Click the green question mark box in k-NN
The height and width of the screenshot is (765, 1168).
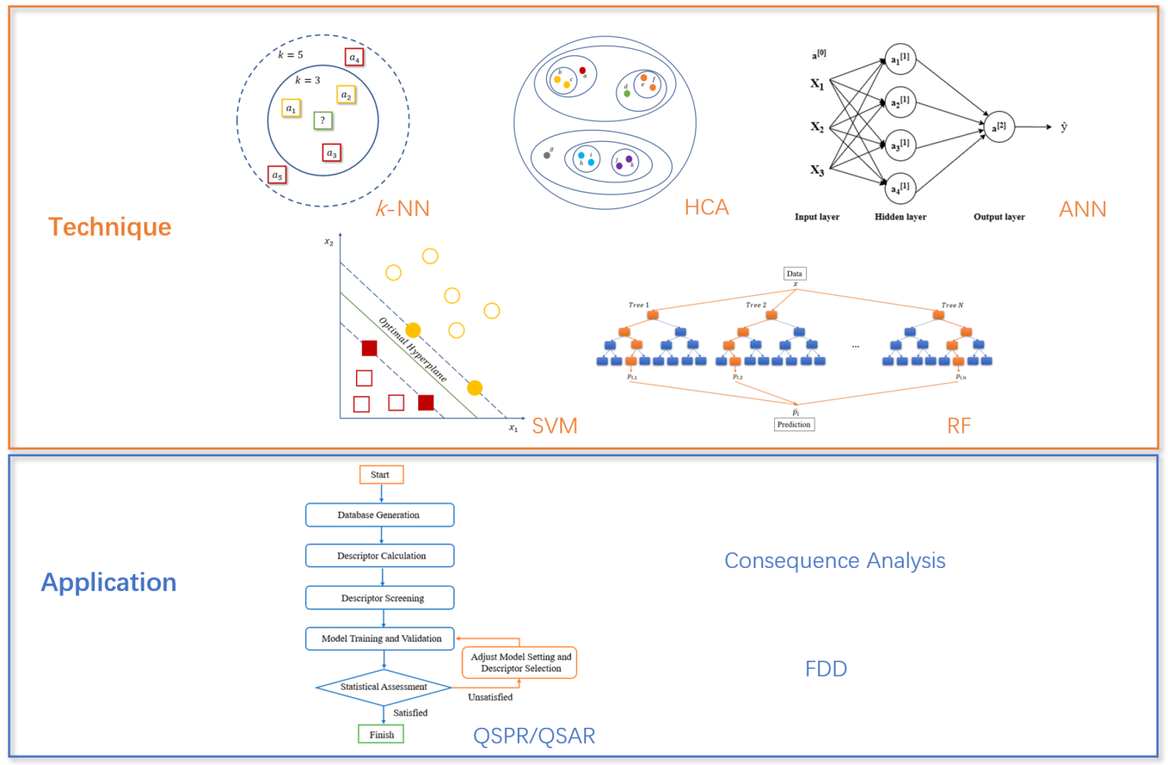(323, 120)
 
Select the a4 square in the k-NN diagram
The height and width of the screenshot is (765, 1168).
(354, 57)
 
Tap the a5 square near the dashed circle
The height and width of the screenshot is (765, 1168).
(278, 176)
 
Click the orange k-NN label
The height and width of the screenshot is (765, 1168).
(403, 208)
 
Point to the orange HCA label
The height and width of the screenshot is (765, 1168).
(706, 207)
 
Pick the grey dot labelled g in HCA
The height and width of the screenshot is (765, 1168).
(547, 155)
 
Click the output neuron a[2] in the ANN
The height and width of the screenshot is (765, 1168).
(999, 127)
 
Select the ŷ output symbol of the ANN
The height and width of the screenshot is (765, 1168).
(1064, 127)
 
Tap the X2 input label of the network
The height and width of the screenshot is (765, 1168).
(817, 127)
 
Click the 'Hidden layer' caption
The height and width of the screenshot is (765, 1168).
(900, 217)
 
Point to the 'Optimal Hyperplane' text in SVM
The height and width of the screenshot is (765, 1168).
(413, 349)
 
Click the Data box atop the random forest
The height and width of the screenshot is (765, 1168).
(795, 274)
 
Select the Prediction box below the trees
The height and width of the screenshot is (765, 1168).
(794, 424)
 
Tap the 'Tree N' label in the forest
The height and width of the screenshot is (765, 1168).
(952, 305)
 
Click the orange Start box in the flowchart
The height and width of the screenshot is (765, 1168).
(381, 475)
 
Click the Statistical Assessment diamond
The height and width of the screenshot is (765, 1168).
(383, 687)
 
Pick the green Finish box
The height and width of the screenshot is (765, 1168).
(381, 735)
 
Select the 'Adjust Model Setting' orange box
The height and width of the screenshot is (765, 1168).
(520, 662)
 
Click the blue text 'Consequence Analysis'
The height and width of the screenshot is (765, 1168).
(834, 560)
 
